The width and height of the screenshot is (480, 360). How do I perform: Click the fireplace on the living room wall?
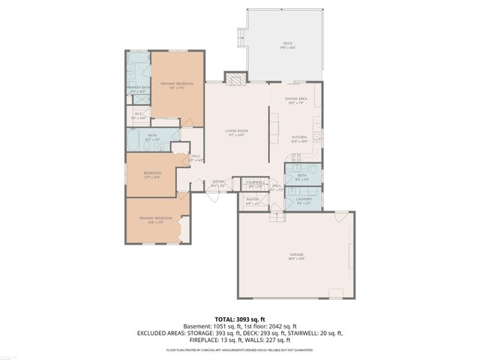(235, 79)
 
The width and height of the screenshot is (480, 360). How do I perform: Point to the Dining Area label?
(295, 99)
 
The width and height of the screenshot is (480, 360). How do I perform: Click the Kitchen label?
(299, 138)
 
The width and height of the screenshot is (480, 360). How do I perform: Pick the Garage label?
(296, 256)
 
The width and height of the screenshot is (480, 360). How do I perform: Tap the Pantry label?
(253, 199)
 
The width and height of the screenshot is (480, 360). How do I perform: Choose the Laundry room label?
(304, 199)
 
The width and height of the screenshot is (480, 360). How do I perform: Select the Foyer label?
(218, 181)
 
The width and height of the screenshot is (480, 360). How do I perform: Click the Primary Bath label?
(138, 88)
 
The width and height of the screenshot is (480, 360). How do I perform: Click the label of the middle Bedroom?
(152, 174)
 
